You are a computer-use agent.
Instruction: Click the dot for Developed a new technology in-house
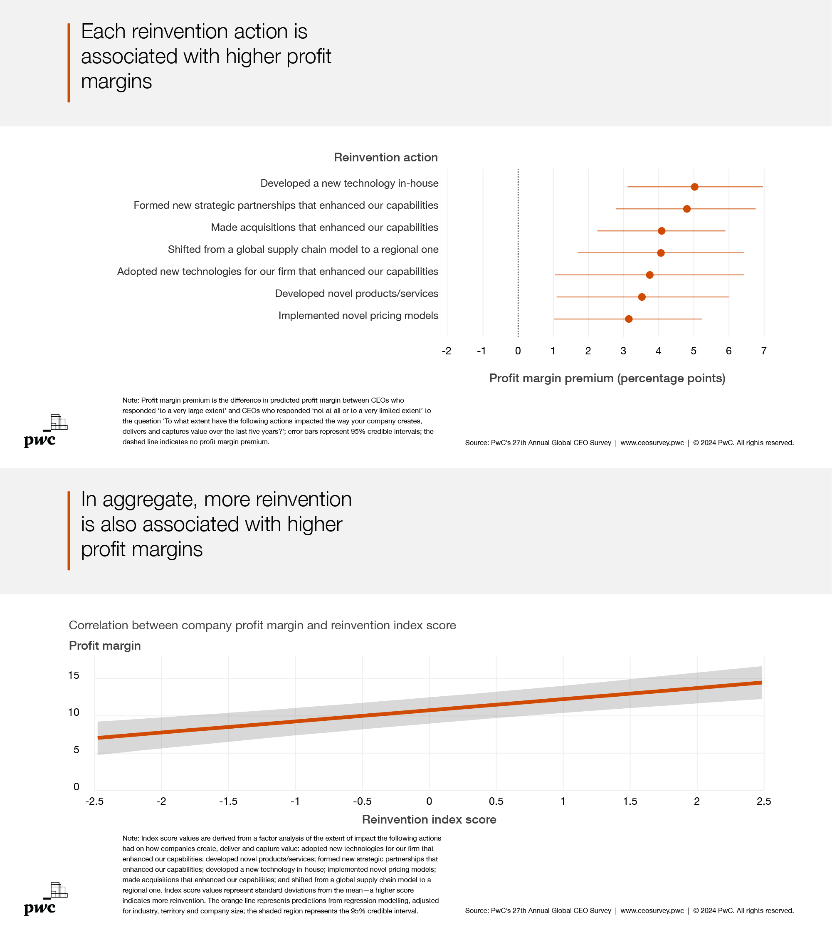694,187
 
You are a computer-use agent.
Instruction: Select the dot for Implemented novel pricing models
628,319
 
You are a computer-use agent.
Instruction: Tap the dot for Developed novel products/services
642,297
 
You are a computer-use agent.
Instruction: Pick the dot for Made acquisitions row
662,230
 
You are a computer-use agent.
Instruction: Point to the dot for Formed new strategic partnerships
686,209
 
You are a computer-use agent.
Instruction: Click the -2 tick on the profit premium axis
447,351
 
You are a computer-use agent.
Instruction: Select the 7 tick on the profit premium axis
763,351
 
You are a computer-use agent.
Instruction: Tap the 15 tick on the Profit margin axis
73,675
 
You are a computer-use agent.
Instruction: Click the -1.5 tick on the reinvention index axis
228,801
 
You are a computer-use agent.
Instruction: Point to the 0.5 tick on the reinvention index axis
496,801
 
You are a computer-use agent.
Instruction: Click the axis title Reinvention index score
429,819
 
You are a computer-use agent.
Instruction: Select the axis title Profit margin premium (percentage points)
607,378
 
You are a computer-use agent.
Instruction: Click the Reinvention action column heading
385,157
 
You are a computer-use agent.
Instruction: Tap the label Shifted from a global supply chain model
303,249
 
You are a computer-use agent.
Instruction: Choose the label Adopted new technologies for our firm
277,271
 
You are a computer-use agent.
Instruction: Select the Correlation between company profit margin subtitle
262,625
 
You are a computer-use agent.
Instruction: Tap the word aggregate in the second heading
150,500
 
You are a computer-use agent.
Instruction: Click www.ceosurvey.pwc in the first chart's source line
652,443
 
